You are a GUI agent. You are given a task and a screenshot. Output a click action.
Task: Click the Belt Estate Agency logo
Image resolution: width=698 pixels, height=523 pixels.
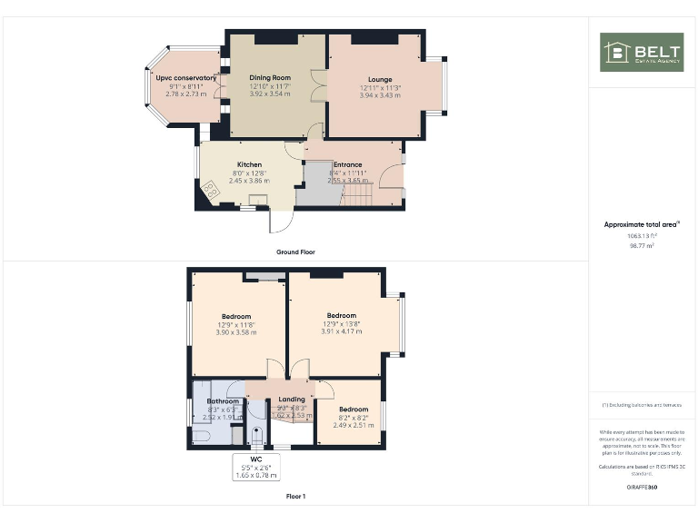[x=642, y=53]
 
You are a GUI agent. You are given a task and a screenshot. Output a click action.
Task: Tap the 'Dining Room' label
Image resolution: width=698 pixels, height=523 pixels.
[x=270, y=78]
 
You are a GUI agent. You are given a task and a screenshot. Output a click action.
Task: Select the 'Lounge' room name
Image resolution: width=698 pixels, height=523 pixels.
[x=380, y=79]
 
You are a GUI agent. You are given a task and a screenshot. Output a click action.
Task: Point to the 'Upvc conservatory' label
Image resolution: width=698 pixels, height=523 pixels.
[x=186, y=78]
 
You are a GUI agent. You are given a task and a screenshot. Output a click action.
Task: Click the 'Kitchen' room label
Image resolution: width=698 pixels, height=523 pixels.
[x=224, y=165]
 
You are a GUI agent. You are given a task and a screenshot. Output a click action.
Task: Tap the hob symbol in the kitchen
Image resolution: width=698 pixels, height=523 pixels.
[x=211, y=189]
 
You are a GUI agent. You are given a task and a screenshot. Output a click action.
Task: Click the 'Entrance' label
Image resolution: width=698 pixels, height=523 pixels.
[x=346, y=165]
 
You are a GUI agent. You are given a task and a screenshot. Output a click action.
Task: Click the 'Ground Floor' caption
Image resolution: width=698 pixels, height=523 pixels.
[x=295, y=252]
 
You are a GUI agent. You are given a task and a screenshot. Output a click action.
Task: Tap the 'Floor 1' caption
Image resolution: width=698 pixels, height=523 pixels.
[x=294, y=497]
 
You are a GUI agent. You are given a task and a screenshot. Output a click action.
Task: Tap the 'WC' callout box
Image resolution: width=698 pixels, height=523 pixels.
[x=256, y=466]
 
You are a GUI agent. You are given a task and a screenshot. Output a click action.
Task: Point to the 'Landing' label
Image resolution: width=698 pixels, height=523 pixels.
[x=292, y=400]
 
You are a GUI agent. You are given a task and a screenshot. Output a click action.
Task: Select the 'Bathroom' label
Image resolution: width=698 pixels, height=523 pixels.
[x=223, y=400]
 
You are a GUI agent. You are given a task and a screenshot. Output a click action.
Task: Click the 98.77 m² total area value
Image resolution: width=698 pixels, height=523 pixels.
[x=643, y=245]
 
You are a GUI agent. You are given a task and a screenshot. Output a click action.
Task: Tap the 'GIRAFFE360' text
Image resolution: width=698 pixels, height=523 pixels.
[x=642, y=488]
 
